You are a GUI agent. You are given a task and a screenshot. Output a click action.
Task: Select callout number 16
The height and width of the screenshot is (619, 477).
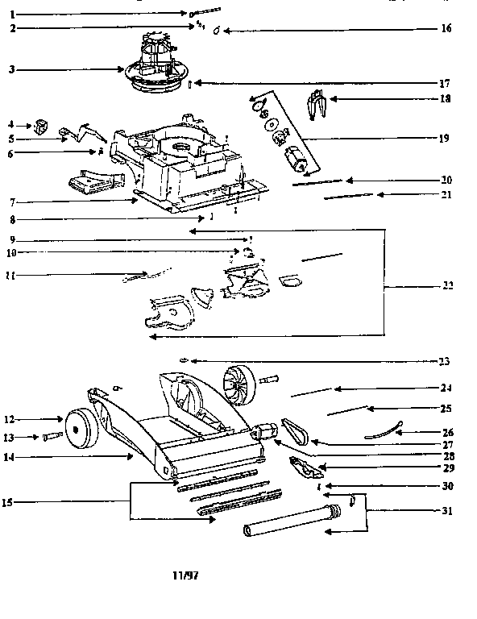(x=447, y=29)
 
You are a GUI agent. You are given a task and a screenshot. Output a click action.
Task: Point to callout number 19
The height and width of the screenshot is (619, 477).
(x=444, y=139)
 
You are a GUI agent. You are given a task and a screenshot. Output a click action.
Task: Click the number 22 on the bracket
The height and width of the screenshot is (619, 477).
(x=447, y=286)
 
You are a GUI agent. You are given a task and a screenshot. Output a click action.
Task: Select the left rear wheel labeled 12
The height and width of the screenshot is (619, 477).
(x=79, y=428)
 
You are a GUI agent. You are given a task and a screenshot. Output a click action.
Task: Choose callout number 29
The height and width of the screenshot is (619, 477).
(x=447, y=467)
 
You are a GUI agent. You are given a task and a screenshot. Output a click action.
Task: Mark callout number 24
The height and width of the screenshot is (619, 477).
(x=447, y=388)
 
